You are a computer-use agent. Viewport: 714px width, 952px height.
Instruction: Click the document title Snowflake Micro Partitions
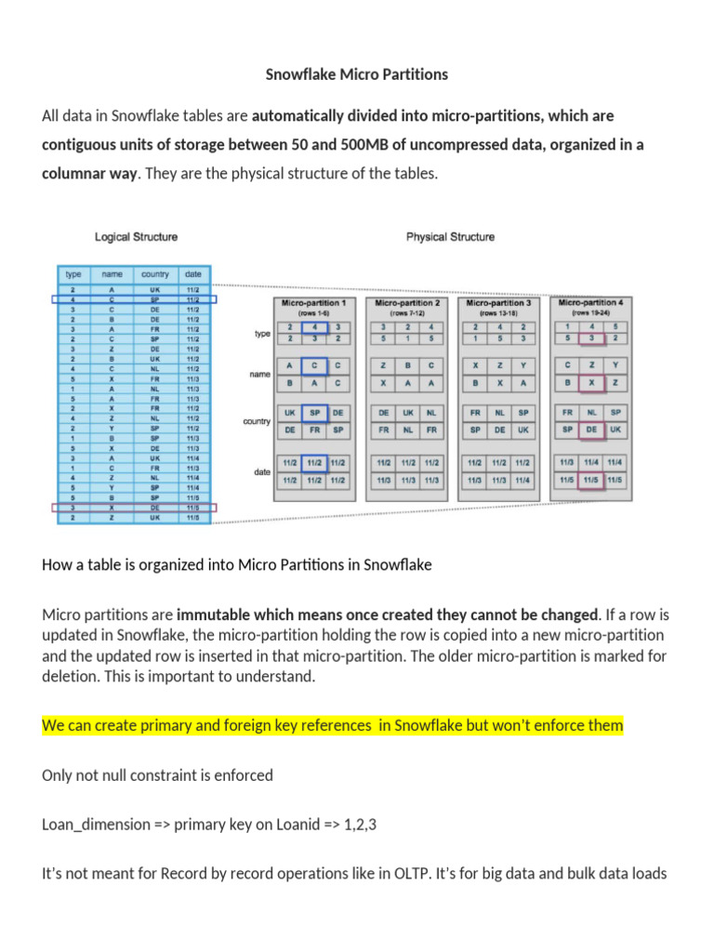coord(358,73)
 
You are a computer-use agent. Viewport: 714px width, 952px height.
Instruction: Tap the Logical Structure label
coord(136,237)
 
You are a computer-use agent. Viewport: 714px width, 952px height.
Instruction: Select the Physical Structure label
coord(450,237)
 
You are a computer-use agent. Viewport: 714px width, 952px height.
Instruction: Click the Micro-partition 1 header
coord(312,303)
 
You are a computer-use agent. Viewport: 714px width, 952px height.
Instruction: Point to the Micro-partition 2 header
coord(406,303)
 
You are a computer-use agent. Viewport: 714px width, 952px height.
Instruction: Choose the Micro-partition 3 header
coord(498,303)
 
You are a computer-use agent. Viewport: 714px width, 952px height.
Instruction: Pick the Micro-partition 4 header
coord(590,303)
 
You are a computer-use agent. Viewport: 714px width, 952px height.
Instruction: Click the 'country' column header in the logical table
coord(155,274)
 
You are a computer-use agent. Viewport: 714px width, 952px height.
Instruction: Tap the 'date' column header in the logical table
coord(192,274)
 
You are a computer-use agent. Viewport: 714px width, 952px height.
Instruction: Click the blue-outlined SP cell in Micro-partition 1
coord(315,413)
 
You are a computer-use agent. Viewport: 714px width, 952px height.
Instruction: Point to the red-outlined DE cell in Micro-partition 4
coord(590,430)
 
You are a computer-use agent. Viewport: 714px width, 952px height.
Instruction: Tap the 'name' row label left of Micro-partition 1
coord(259,374)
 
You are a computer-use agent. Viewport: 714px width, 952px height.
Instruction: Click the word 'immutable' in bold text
coord(210,615)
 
